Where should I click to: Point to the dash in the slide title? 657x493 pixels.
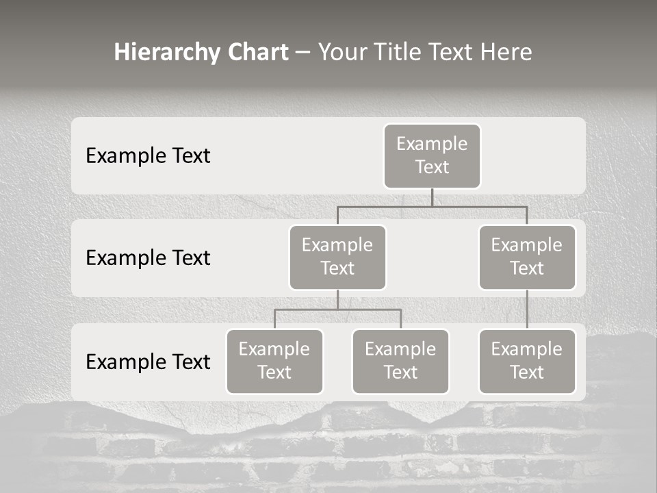[x=303, y=53]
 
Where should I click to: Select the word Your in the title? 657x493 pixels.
[x=342, y=53]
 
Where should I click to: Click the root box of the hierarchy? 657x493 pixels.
[x=432, y=155]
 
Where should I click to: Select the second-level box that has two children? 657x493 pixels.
[x=337, y=257]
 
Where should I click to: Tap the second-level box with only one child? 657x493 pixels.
[x=527, y=257]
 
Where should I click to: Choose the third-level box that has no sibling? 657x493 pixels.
[x=527, y=361]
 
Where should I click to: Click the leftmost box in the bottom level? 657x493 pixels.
[x=274, y=361]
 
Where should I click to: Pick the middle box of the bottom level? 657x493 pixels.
[x=400, y=361]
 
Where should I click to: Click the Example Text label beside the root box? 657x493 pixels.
[x=148, y=156]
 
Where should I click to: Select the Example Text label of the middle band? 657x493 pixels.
[x=148, y=258]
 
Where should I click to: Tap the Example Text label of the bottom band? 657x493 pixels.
[x=148, y=362]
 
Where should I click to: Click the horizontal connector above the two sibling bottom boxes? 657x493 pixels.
[x=370, y=309]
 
